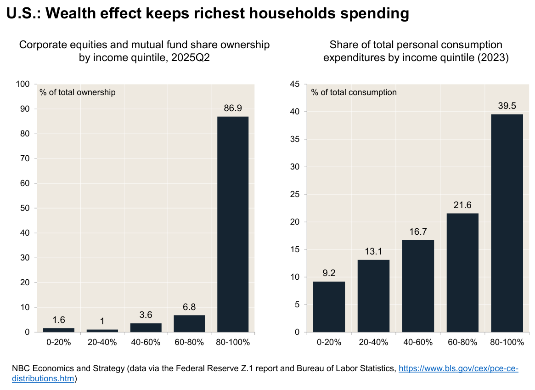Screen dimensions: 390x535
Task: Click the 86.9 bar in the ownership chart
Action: pos(232,224)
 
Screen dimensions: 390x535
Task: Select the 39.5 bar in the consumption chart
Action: pos(507,223)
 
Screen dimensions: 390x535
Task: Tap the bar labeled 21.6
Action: pos(462,272)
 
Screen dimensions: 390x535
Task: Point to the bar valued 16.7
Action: pos(418,286)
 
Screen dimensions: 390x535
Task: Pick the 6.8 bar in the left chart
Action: pos(189,323)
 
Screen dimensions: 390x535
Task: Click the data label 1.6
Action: pos(58,320)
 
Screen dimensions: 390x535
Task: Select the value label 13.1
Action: pos(373,251)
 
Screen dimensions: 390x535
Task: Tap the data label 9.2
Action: pos(329,273)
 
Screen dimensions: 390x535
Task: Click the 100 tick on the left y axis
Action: pos(24,84)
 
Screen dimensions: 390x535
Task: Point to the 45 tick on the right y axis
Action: pos(295,84)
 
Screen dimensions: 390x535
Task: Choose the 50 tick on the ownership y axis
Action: pos(26,208)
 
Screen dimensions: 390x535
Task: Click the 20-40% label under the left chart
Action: pos(102,342)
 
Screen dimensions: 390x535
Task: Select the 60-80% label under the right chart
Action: pos(462,342)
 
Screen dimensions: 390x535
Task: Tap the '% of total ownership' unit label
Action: pos(78,92)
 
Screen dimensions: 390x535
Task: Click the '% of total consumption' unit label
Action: pos(354,92)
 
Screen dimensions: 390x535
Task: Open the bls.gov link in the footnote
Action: pos(458,369)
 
